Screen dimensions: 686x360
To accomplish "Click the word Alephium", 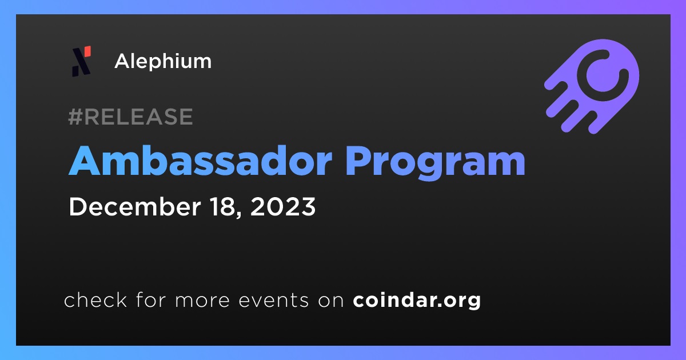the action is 163,62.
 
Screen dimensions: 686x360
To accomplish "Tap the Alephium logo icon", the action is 81,61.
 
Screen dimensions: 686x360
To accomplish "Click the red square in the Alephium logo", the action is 87,51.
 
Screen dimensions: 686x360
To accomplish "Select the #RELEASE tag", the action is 130,117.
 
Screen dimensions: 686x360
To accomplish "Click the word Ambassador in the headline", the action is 200,161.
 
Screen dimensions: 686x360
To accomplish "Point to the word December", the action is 135,207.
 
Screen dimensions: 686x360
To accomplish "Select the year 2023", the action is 283,207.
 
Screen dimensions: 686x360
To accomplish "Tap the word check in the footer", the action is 95,299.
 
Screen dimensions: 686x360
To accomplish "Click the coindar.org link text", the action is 417,301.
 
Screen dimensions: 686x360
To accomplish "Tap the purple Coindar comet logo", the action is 592,86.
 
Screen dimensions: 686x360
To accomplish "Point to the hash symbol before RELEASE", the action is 75,117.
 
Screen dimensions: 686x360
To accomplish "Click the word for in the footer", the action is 151,299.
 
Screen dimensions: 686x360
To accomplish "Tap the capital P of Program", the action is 358,161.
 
